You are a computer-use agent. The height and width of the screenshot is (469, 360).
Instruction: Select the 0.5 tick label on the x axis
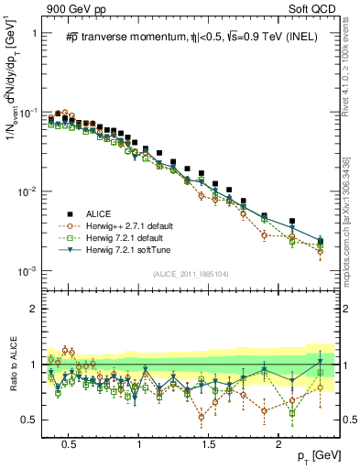(x=68, y=442)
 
